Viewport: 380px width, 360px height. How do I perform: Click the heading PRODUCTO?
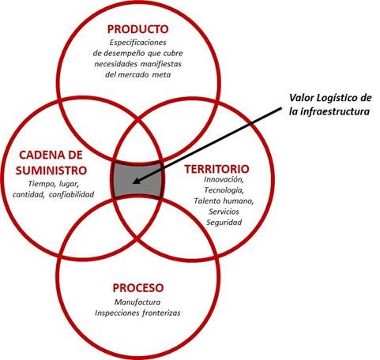(x=137, y=29)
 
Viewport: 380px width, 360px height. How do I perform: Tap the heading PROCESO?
(x=138, y=287)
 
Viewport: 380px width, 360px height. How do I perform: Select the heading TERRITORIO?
(x=216, y=169)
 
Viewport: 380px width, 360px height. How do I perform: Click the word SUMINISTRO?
(x=51, y=171)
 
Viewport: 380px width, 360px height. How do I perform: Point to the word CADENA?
(x=39, y=155)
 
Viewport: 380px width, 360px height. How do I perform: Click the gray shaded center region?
(x=137, y=179)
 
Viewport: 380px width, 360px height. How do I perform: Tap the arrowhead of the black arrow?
(x=136, y=182)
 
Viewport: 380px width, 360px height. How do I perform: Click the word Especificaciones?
(x=138, y=43)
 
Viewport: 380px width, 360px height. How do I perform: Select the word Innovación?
(x=224, y=179)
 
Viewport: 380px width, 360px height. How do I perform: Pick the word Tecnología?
(x=224, y=190)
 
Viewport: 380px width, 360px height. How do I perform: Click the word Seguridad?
(x=224, y=223)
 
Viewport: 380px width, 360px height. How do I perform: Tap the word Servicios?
(x=224, y=212)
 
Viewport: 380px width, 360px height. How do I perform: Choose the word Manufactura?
(x=137, y=302)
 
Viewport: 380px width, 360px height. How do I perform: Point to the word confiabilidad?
(x=71, y=195)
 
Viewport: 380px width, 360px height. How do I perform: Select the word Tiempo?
(x=40, y=184)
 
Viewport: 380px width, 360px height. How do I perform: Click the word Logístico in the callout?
(x=336, y=99)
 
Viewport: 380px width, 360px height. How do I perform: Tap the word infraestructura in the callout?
(x=335, y=111)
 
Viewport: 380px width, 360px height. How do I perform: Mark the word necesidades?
(x=116, y=64)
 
